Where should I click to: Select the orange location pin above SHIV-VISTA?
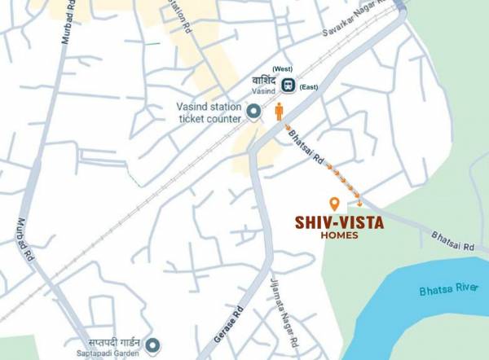click(x=333, y=203)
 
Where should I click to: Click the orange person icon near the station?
click(x=279, y=112)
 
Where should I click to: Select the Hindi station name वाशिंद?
click(x=265, y=81)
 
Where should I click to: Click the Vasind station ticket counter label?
click(x=209, y=112)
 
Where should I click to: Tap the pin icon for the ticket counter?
click(x=253, y=112)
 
